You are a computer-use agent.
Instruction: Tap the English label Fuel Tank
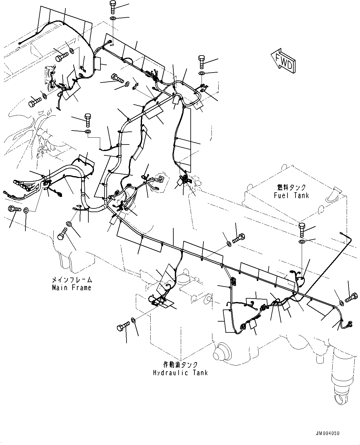291,195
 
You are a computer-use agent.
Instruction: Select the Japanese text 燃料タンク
291,188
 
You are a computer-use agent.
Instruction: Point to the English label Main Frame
72,287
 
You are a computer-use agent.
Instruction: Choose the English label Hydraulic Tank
180,372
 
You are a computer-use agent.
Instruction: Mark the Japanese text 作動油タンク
180,365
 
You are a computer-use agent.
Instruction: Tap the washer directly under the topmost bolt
113,20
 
